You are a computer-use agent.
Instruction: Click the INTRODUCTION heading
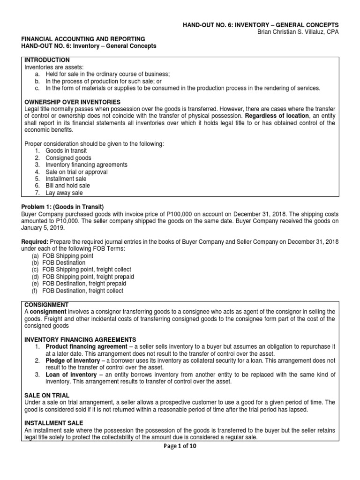[x=47, y=60]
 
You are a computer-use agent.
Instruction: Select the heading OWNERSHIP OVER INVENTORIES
[x=72, y=102]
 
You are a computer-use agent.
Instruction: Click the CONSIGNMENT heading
[x=46, y=304]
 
